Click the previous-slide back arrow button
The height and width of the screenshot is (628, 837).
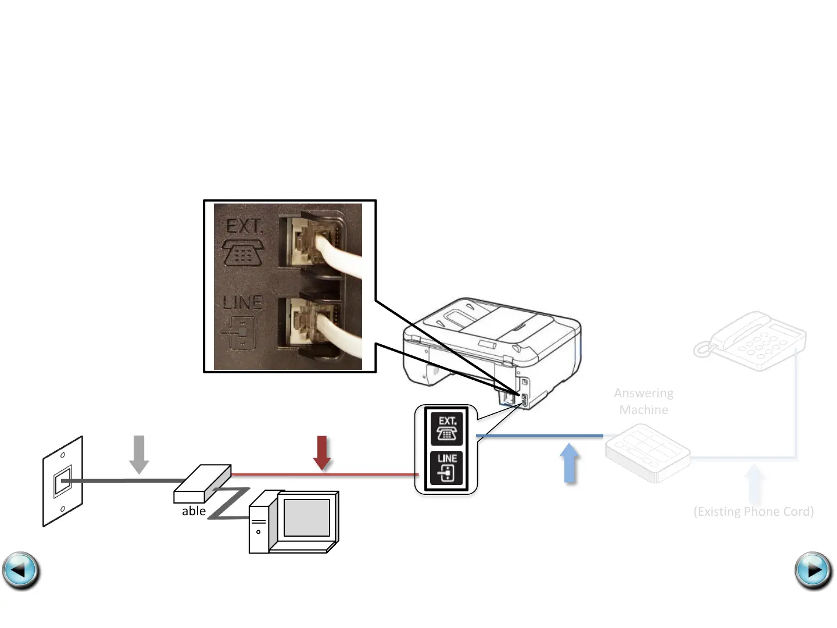tap(21, 570)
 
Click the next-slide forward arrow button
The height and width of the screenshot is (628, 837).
tap(813, 570)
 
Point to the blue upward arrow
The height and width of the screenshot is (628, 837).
tap(570, 463)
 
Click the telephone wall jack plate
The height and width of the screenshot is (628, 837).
tap(63, 481)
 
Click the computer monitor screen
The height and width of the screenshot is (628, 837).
tap(306, 518)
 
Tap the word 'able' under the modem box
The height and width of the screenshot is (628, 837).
tap(194, 511)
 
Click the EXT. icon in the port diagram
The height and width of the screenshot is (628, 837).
tap(446, 429)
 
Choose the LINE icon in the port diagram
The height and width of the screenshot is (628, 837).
tap(446, 468)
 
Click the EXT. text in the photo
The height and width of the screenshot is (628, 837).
tap(244, 227)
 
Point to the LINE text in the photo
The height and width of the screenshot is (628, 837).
tap(243, 302)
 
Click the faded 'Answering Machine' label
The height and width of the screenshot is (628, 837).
tap(643, 401)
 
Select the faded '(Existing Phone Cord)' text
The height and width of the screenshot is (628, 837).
tap(753, 512)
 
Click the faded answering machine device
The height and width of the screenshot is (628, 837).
tap(647, 452)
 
